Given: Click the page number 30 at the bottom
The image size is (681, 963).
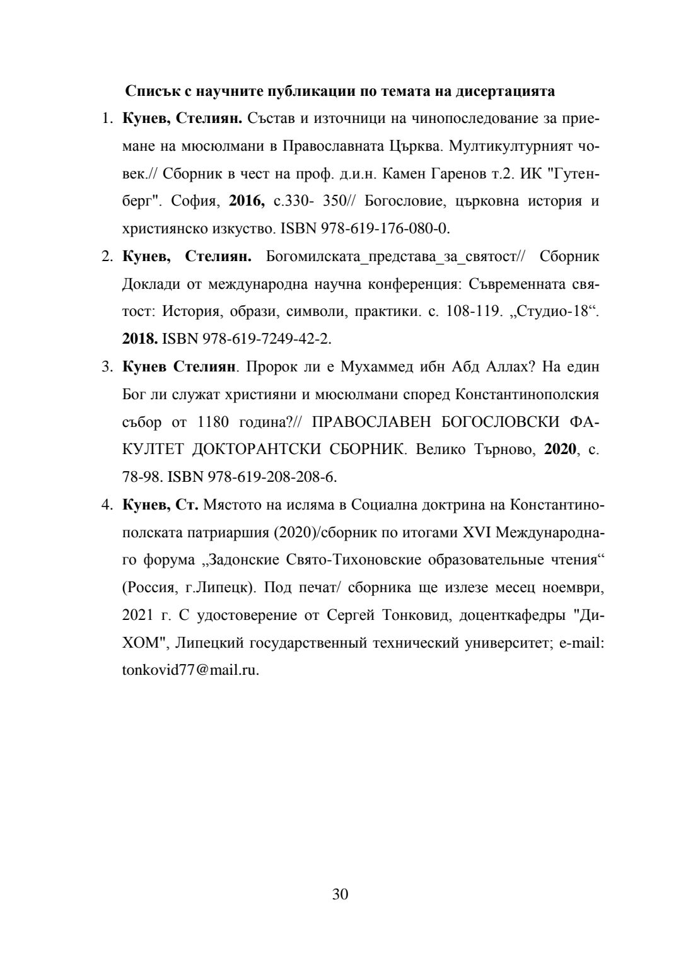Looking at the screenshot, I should coord(340,894).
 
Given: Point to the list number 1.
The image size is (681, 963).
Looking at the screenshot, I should coord(107,119).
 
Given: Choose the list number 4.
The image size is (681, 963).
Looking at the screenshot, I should coord(107,505).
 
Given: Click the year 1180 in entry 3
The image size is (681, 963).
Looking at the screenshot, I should coord(218,422).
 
